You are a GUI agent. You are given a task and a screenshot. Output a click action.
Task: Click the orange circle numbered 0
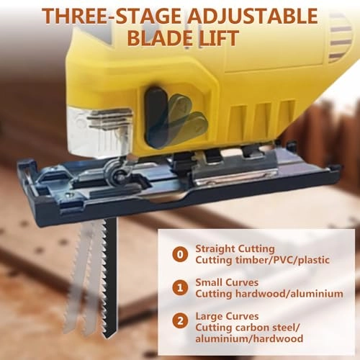[180, 253]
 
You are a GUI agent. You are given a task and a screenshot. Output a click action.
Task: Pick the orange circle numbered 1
[180, 288]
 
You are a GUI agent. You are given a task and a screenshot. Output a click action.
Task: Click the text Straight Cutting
[232, 246]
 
